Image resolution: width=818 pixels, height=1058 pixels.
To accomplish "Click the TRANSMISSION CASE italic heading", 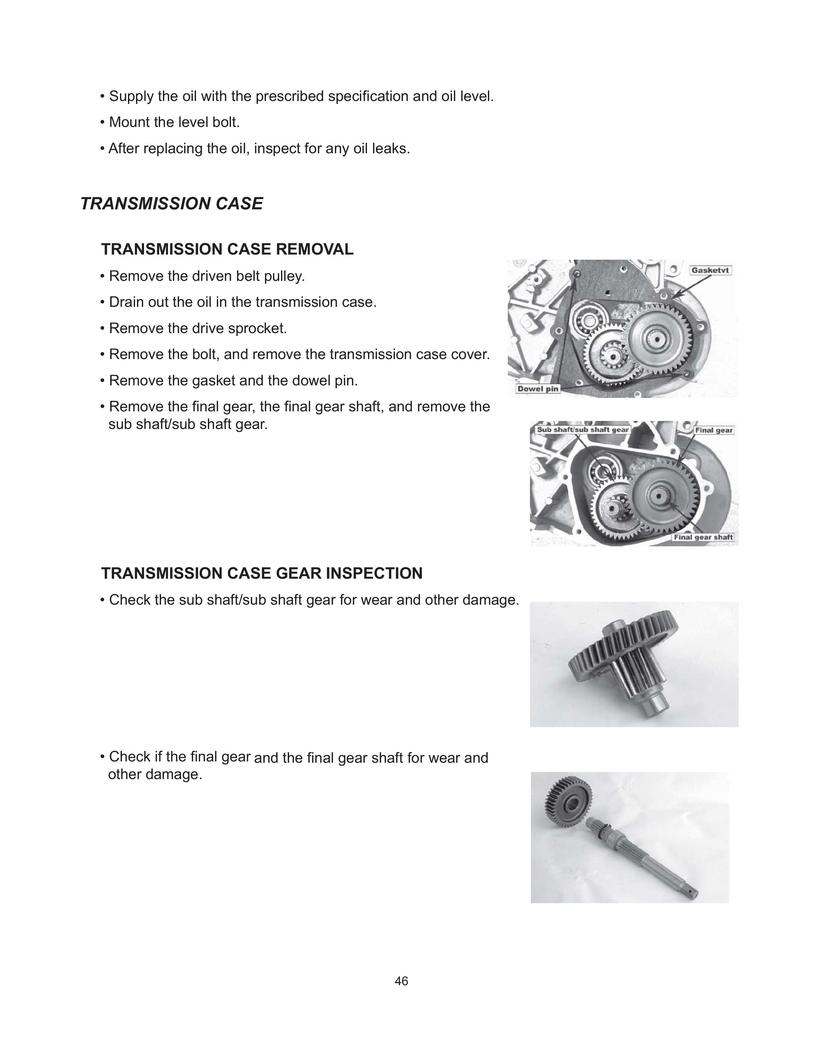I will pos(172,204).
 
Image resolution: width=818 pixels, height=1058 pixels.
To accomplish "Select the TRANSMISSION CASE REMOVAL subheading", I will pos(227,249).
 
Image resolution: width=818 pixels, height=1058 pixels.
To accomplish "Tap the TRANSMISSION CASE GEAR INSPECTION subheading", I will pos(262,573).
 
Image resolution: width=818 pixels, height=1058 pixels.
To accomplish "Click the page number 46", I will pos(401,981).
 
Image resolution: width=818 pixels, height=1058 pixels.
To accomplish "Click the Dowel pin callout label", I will pos(537,389).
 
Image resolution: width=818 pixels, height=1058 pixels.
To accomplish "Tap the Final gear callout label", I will pos(714,430).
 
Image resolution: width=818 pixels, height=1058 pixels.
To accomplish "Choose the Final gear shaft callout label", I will pos(703,537).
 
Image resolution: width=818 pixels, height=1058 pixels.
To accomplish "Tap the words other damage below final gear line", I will pos(155,775).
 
